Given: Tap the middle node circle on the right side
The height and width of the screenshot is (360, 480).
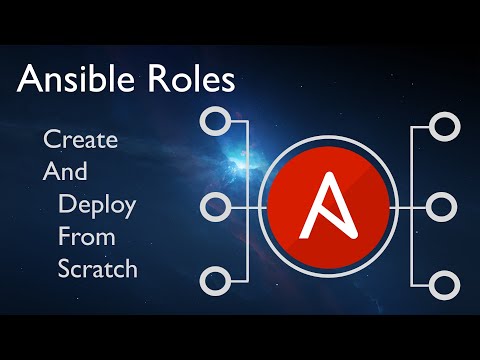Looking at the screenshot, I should (442, 207).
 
